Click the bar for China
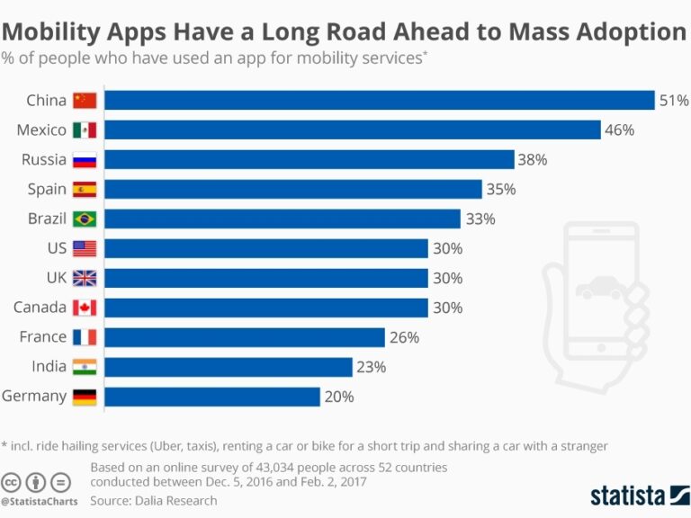point(378,100)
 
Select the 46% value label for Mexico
point(619,129)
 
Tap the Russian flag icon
point(85,160)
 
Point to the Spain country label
point(47,189)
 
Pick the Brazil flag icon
point(85,219)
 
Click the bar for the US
point(265,248)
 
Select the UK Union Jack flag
point(85,278)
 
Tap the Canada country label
point(40,308)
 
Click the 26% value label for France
point(404,337)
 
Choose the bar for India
point(228,367)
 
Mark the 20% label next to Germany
point(339,397)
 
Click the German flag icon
point(85,397)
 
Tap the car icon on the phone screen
point(598,289)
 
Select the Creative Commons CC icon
point(12,481)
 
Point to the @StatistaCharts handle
point(40,501)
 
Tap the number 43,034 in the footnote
point(255,468)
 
